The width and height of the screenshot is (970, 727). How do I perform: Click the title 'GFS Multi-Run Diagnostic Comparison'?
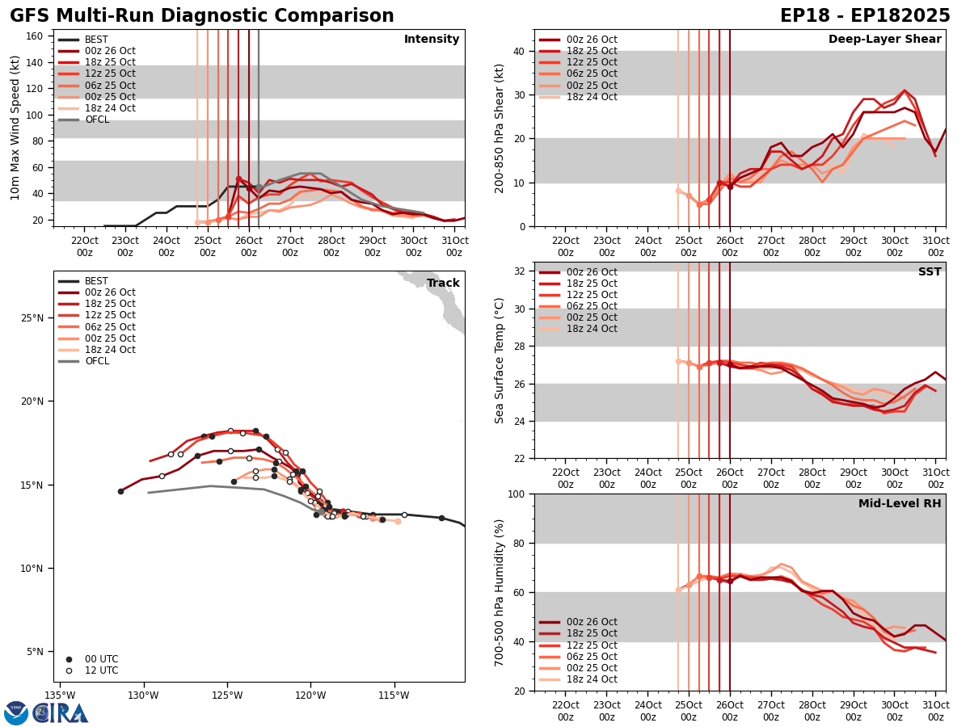pos(202,16)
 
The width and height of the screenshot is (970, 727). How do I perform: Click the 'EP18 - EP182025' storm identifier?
pos(865,16)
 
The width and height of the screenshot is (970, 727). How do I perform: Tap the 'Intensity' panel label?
pos(432,40)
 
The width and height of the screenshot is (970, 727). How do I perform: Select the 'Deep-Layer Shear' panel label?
pos(884,40)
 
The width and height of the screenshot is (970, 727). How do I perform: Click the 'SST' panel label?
pos(930,272)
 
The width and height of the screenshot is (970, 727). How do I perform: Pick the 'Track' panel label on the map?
pos(443,284)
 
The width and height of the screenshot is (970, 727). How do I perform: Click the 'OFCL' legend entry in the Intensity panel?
pos(96,120)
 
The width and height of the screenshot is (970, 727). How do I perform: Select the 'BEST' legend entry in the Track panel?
pos(96,281)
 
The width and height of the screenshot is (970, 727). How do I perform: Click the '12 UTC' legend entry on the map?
pos(101,670)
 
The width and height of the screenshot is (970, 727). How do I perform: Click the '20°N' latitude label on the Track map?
pos(32,401)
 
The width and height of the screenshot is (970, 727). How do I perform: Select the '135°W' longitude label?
pos(60,695)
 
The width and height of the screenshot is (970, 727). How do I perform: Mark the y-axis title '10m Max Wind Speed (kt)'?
pos(15,128)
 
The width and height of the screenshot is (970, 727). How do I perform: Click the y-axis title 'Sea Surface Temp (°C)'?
pos(500,360)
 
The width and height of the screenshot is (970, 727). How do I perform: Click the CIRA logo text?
pos(61,712)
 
